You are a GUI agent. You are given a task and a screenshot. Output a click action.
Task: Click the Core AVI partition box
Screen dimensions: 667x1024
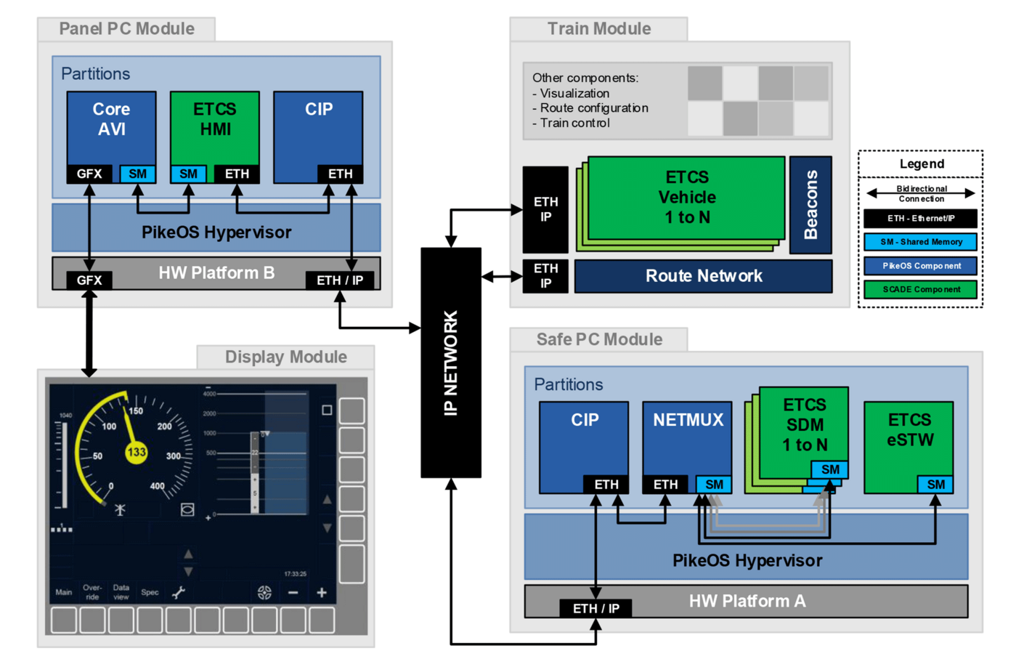[x=111, y=127]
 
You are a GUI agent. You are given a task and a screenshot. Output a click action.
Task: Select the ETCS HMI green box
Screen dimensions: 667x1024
[x=214, y=127]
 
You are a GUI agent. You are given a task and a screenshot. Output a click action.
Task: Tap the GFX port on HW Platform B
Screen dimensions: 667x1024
[x=89, y=280]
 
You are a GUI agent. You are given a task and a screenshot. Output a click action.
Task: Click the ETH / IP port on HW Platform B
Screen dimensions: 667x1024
[x=339, y=280]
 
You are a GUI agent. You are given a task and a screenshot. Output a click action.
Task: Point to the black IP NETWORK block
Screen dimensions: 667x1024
[x=450, y=363]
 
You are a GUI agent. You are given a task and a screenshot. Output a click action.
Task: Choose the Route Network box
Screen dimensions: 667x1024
[x=703, y=276]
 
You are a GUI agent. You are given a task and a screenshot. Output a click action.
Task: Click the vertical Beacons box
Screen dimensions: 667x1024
[x=810, y=205]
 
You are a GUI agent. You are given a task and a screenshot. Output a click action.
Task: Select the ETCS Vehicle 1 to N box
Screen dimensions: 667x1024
[x=686, y=197]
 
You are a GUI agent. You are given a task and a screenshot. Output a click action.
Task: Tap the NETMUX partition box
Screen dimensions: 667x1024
[x=687, y=440]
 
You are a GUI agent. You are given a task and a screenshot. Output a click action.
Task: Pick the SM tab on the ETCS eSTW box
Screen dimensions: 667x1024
[x=935, y=485]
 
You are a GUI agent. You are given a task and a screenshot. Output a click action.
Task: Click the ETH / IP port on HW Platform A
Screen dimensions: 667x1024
[x=596, y=608]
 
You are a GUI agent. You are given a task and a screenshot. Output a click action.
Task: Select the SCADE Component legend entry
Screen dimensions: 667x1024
[x=920, y=289]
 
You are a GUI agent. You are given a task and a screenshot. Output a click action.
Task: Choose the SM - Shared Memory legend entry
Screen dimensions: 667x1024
[x=920, y=242]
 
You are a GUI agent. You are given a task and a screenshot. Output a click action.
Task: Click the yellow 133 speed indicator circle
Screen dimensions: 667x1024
[x=137, y=452]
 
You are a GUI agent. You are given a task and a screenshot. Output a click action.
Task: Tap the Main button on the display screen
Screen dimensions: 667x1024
[x=64, y=592]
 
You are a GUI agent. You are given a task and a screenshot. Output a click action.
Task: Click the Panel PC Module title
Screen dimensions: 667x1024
[x=126, y=29]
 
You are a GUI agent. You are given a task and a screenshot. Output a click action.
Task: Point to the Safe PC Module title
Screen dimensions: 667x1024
[x=599, y=339]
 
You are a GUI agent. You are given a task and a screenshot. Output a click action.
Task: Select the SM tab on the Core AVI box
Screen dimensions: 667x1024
[x=137, y=174]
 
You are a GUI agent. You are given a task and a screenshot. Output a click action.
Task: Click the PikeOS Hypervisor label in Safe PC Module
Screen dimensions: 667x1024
[x=747, y=560]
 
